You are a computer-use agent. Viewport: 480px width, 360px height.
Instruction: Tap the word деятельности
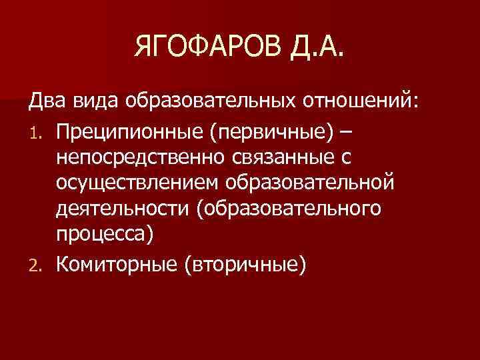(123, 210)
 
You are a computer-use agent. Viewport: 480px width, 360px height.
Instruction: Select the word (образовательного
(289, 210)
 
